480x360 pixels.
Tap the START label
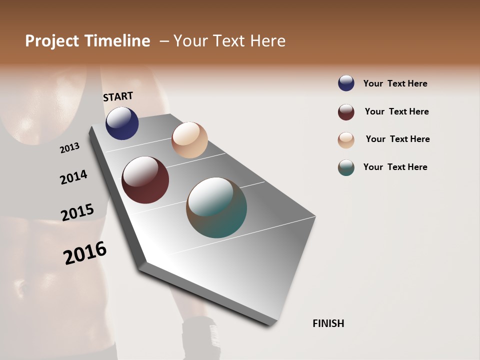pos(118,96)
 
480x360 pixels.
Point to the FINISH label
pos(328,323)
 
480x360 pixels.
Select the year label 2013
pos(70,148)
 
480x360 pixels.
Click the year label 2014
pos(73,177)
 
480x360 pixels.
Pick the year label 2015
pos(77,212)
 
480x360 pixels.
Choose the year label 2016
pos(85,253)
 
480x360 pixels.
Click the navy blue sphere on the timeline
pos(122,123)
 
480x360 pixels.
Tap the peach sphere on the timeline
pos(189,140)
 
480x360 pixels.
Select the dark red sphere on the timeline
pos(145,180)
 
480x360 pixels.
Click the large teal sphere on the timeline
pos(216,207)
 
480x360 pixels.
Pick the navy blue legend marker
pos(346,83)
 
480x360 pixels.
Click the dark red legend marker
pos(346,112)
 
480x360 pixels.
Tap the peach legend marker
pos(346,140)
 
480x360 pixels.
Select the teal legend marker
pos(346,167)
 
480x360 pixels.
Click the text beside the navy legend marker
pos(395,83)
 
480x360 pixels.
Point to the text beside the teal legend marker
pos(395,167)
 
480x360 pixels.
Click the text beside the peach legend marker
pos(397,139)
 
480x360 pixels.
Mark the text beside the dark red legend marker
pos(396,111)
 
